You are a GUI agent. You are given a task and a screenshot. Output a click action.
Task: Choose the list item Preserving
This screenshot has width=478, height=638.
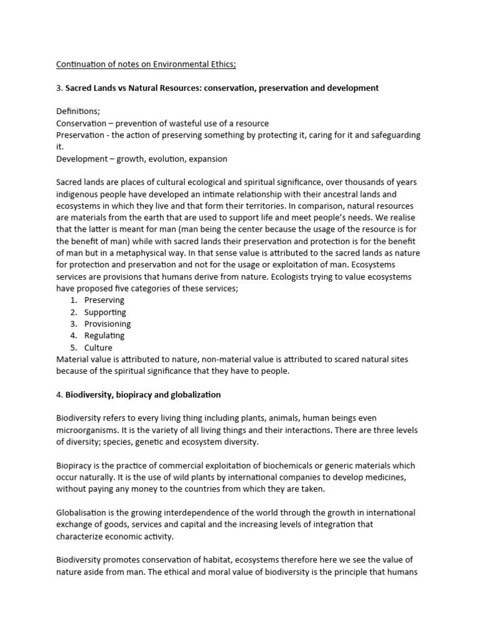pos(105,300)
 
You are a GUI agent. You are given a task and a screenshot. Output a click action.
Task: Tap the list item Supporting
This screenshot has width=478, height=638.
pos(105,312)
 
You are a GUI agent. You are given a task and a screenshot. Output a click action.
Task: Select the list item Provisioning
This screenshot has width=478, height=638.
pos(108,324)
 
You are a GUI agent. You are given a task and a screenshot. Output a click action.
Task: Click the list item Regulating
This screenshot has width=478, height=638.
pos(105,336)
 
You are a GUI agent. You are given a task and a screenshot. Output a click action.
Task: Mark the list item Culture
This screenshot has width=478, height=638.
pos(98,348)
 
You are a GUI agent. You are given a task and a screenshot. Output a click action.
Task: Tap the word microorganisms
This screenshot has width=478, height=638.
pos(87,431)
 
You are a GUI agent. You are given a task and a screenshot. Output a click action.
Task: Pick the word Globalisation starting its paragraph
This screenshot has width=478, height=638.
pos(82,513)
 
